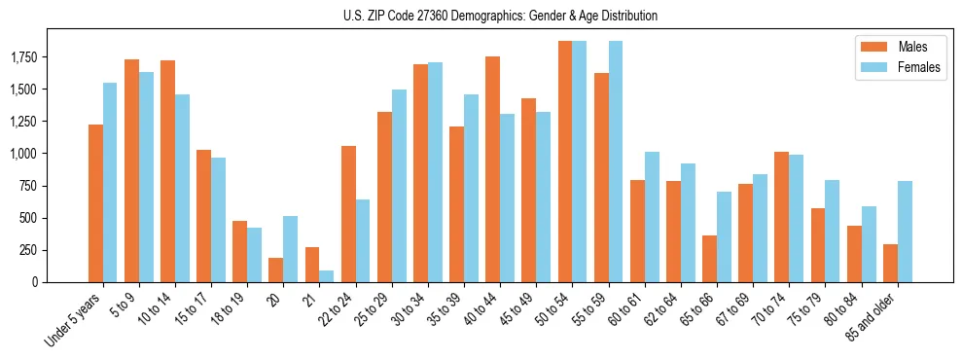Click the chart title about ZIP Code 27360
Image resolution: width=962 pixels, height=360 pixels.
tap(500, 16)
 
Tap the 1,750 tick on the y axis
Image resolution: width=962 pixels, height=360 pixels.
tap(23, 58)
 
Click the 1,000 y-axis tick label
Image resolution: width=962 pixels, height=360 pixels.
tap(23, 154)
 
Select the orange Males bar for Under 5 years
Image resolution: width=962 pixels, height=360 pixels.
tap(95, 203)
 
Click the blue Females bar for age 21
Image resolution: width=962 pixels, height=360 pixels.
tap(326, 276)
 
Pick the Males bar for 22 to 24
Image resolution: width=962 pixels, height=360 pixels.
tap(348, 214)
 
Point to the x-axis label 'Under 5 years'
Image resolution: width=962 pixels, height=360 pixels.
tap(74, 319)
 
